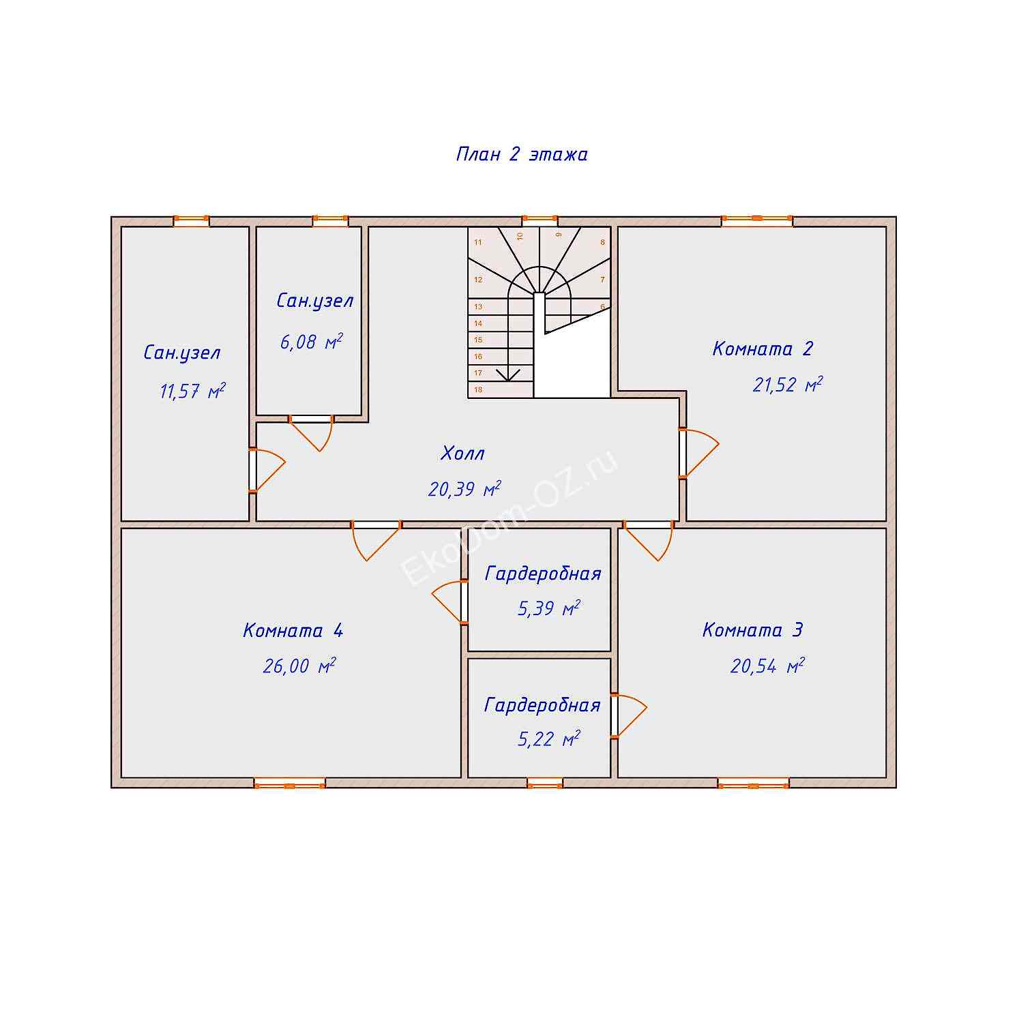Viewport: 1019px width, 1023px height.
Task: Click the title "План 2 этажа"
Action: (x=522, y=154)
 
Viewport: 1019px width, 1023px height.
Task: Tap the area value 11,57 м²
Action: (x=192, y=391)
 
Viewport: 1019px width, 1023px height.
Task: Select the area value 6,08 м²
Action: (x=311, y=342)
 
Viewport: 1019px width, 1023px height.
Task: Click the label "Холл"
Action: (x=463, y=454)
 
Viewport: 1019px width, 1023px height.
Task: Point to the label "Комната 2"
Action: (x=763, y=349)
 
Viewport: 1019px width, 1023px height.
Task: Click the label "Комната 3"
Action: (x=752, y=629)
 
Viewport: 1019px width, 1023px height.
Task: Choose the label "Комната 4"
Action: (x=293, y=630)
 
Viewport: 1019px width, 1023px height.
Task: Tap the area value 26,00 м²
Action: (x=299, y=666)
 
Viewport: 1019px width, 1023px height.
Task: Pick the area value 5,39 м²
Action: (x=549, y=608)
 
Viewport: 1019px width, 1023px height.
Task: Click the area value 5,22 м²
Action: (x=549, y=739)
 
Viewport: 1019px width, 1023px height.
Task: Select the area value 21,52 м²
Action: (x=787, y=385)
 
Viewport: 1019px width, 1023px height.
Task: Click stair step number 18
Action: (x=478, y=390)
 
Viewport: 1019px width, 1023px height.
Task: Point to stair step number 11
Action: (x=478, y=242)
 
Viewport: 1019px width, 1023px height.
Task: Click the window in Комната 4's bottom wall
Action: (x=290, y=784)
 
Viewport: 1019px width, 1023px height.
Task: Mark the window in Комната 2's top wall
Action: (x=757, y=221)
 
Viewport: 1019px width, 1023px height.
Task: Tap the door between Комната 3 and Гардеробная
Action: (x=628, y=715)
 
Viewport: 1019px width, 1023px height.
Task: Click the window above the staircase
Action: (x=540, y=221)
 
